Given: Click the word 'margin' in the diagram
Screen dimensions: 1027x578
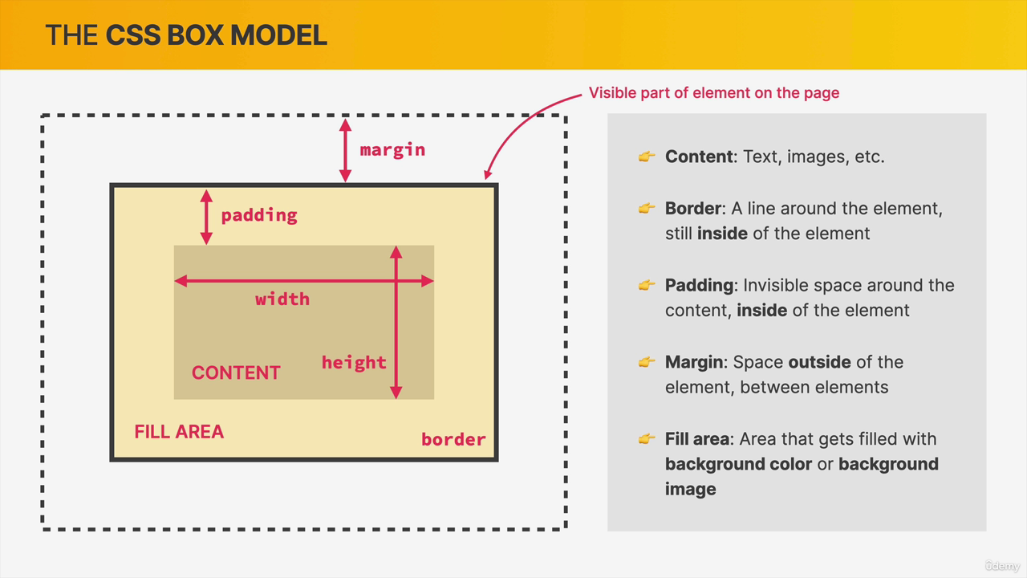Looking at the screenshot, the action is click(x=392, y=150).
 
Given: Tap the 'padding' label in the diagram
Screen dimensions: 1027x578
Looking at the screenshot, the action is click(x=259, y=216).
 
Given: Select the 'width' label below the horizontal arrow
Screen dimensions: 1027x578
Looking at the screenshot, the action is click(x=282, y=299).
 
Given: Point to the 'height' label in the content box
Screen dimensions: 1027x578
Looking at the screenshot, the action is click(x=354, y=363).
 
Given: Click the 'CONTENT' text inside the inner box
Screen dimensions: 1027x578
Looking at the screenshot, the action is click(x=236, y=373).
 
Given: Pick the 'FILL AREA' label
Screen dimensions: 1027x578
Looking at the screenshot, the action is click(x=179, y=432).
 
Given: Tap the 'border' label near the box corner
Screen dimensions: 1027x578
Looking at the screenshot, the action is click(x=453, y=439).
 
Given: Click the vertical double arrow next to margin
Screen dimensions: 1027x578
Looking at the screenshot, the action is click(x=345, y=150).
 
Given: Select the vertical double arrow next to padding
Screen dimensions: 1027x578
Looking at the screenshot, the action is click(x=206, y=217).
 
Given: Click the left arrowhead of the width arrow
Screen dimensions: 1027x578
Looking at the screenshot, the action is click(x=181, y=281).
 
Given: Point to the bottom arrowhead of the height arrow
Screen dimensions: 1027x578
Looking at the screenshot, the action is click(x=396, y=393).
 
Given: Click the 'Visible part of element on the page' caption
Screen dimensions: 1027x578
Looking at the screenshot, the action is click(x=714, y=92).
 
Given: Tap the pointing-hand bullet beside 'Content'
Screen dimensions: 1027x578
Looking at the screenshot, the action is click(x=647, y=157).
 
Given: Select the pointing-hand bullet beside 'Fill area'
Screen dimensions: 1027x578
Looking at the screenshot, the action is click(x=647, y=439).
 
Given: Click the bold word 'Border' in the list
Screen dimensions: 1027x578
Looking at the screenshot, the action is click(x=693, y=208).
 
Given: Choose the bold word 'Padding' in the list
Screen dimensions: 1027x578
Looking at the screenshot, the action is click(x=699, y=286).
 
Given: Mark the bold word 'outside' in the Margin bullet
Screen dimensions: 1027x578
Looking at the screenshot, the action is click(x=819, y=362).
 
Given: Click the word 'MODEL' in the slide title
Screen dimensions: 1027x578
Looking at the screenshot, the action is click(x=278, y=35).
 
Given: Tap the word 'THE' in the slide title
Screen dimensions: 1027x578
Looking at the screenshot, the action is click(x=71, y=35).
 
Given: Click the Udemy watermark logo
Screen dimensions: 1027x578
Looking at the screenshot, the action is click(x=1002, y=566).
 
